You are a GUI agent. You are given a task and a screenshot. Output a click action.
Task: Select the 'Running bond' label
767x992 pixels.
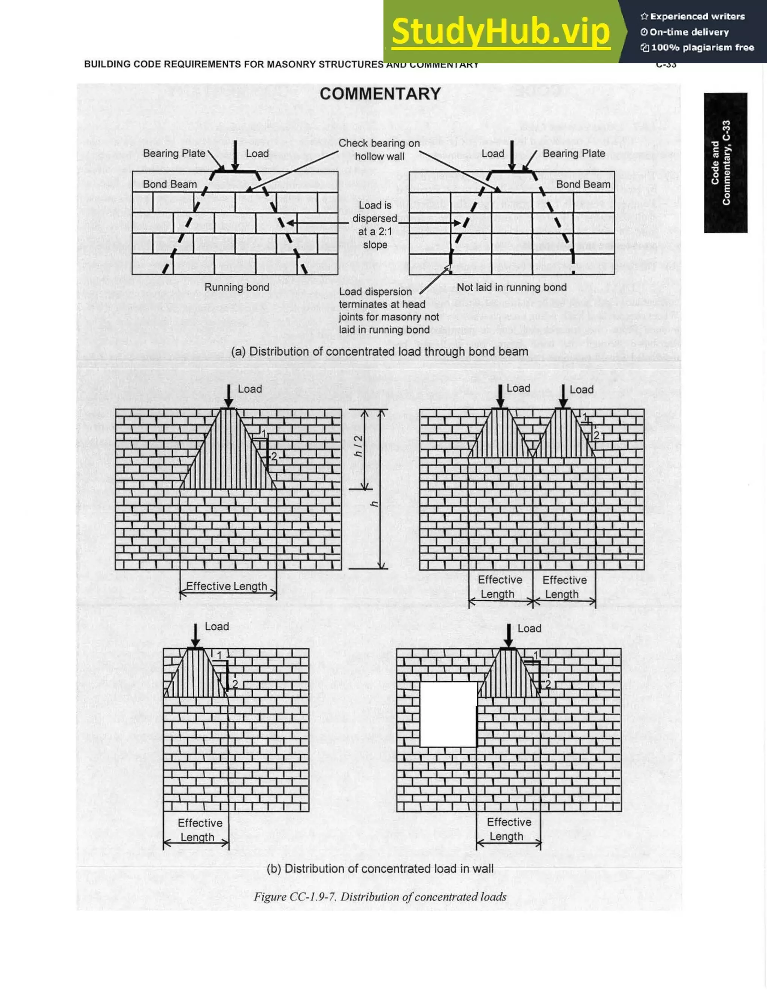tap(236, 287)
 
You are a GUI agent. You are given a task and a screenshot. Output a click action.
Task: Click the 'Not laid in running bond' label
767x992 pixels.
tap(512, 287)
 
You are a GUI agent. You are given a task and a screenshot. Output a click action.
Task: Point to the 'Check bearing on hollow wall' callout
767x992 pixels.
tap(379, 150)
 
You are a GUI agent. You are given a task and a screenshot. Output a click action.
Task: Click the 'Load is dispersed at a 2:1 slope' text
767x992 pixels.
tap(375, 225)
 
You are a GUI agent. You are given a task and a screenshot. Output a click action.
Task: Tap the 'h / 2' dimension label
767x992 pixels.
tap(358, 446)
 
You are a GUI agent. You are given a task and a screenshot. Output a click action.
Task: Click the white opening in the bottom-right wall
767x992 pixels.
tap(448, 714)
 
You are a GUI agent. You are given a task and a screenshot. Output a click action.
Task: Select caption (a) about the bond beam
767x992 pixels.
tap(379, 352)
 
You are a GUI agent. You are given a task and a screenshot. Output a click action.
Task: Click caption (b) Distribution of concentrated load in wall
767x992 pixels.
tap(380, 868)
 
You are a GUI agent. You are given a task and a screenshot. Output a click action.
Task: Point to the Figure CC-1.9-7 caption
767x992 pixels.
tap(380, 896)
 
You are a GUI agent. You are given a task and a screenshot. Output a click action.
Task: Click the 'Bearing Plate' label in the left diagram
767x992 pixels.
tap(174, 154)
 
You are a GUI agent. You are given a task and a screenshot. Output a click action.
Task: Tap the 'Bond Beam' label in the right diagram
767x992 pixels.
tap(583, 184)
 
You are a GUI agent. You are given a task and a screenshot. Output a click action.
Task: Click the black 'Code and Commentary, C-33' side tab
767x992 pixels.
tap(725, 163)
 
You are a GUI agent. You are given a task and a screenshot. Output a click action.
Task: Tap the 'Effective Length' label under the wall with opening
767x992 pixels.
tap(508, 829)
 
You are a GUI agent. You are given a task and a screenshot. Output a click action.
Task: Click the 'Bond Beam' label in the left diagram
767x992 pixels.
tap(170, 184)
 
